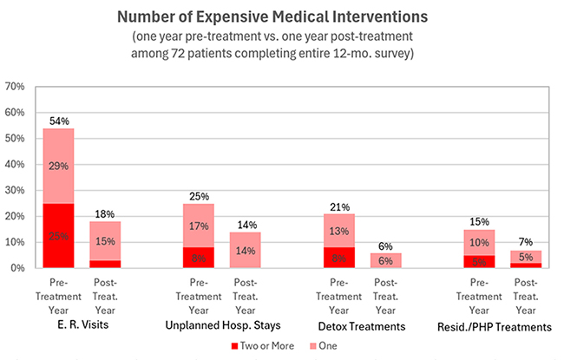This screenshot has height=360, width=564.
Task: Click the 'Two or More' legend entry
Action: point(261,344)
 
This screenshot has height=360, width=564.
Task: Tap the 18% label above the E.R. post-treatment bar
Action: point(104,213)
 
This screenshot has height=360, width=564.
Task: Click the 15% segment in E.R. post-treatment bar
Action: point(104,240)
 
